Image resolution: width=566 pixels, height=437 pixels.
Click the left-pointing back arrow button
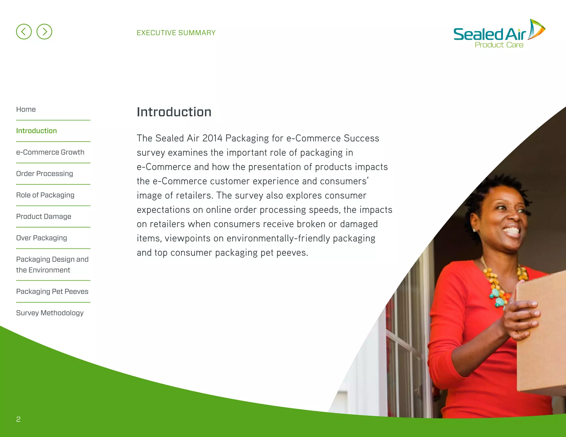click(24, 31)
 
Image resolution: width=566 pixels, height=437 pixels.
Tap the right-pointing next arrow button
click(44, 31)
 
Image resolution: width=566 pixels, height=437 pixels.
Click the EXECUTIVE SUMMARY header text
click(176, 33)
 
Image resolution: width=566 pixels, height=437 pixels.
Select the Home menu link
click(26, 109)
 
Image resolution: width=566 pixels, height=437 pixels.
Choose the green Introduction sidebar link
click(36, 131)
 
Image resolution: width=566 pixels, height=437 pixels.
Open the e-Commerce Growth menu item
click(50, 152)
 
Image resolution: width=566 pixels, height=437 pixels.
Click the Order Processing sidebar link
click(44, 173)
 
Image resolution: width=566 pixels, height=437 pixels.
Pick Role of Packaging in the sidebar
click(45, 195)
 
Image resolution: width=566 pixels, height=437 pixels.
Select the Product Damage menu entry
click(44, 216)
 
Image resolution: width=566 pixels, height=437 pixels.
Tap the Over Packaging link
click(41, 238)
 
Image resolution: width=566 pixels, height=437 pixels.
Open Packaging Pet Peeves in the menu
click(52, 291)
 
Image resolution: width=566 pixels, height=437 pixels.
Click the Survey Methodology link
click(50, 313)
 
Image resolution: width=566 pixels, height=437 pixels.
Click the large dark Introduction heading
click(174, 112)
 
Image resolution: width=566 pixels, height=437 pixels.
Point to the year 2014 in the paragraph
click(212, 138)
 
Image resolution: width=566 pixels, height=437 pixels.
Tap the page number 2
click(18, 419)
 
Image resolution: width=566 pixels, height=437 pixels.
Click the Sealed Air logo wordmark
click(489, 34)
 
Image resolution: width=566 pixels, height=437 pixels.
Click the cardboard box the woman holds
click(542, 331)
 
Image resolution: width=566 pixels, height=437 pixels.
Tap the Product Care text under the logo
click(499, 45)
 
